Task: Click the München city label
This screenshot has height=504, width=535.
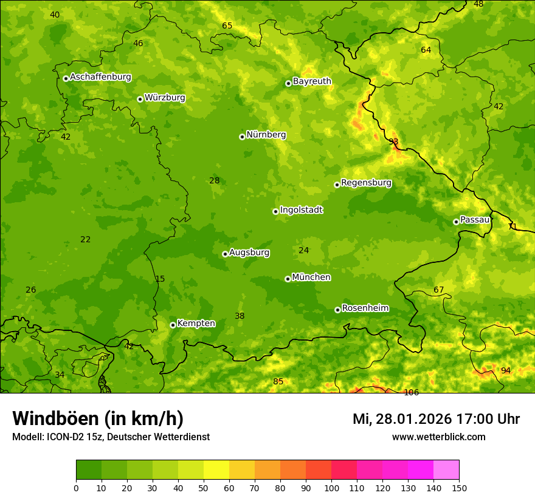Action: click(x=311, y=278)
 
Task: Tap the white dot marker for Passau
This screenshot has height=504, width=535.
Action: click(x=456, y=222)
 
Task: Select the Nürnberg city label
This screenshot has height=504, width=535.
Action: click(x=266, y=135)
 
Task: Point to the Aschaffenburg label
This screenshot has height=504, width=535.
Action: click(x=100, y=77)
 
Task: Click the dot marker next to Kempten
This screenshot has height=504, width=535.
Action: click(x=173, y=325)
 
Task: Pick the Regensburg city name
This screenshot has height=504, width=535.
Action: click(x=366, y=183)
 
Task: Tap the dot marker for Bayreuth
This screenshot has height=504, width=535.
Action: click(x=288, y=83)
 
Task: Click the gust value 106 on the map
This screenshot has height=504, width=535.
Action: click(x=412, y=392)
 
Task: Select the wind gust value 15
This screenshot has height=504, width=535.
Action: click(x=160, y=279)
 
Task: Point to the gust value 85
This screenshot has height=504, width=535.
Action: click(x=278, y=381)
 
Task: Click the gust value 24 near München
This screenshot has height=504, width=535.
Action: click(x=304, y=250)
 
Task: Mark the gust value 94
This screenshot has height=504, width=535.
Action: click(x=506, y=370)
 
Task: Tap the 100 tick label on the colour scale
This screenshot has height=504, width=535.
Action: click(x=331, y=488)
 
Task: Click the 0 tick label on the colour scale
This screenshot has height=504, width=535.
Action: click(x=76, y=488)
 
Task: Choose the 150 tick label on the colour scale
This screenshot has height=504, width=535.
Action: click(x=459, y=488)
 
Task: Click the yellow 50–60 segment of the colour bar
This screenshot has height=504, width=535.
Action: click(x=216, y=470)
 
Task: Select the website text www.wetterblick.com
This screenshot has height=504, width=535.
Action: click(x=438, y=437)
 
